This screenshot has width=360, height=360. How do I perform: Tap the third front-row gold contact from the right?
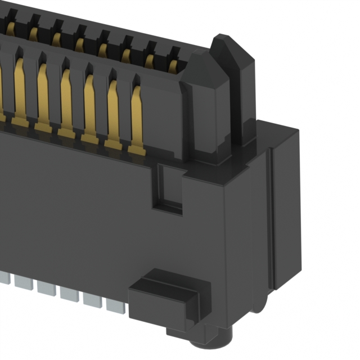pyautogui.click(x=89, y=107)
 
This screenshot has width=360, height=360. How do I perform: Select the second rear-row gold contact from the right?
pyautogui.click(x=149, y=58)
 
